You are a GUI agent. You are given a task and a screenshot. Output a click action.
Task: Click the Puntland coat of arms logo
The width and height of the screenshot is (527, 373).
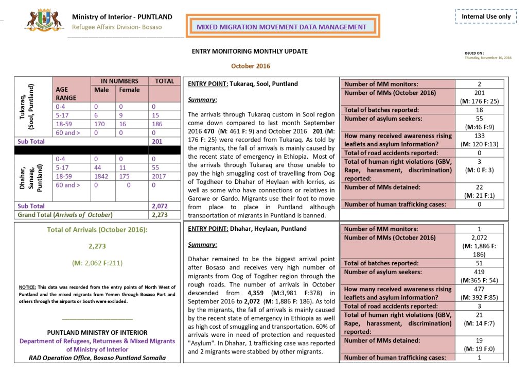[44, 21]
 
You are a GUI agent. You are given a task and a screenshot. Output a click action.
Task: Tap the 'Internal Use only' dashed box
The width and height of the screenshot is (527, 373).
[486, 16]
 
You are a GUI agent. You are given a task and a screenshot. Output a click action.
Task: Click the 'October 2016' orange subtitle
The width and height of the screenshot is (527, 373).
[250, 66]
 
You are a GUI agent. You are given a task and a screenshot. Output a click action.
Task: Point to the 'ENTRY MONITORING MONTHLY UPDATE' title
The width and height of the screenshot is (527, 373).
[250, 52]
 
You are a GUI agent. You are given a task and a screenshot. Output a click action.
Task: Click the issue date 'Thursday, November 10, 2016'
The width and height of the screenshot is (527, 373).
[488, 58]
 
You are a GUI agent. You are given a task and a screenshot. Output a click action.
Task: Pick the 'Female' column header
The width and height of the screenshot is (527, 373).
[129, 89]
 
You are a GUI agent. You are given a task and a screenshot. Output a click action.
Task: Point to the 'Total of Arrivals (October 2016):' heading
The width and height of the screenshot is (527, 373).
[97, 229]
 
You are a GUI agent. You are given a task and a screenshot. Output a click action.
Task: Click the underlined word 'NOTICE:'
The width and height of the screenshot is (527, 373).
[27, 286]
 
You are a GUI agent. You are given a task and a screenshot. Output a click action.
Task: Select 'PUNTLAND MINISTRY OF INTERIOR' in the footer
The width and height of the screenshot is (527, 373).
[97, 333]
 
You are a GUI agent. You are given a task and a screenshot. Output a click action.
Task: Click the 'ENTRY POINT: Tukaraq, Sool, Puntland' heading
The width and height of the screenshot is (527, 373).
[243, 83]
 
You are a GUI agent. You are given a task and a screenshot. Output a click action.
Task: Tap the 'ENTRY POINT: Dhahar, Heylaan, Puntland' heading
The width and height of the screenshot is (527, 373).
[247, 229]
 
